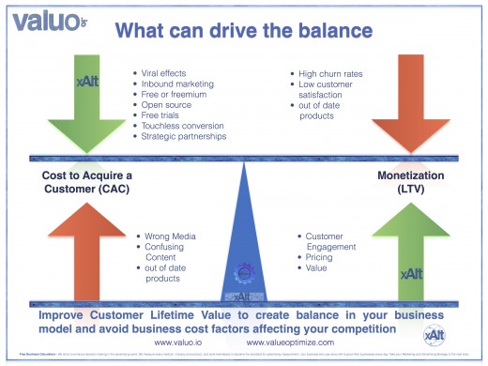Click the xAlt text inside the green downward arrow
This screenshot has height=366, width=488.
tap(85, 82)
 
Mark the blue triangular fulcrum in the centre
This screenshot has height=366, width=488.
tap(243, 244)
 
